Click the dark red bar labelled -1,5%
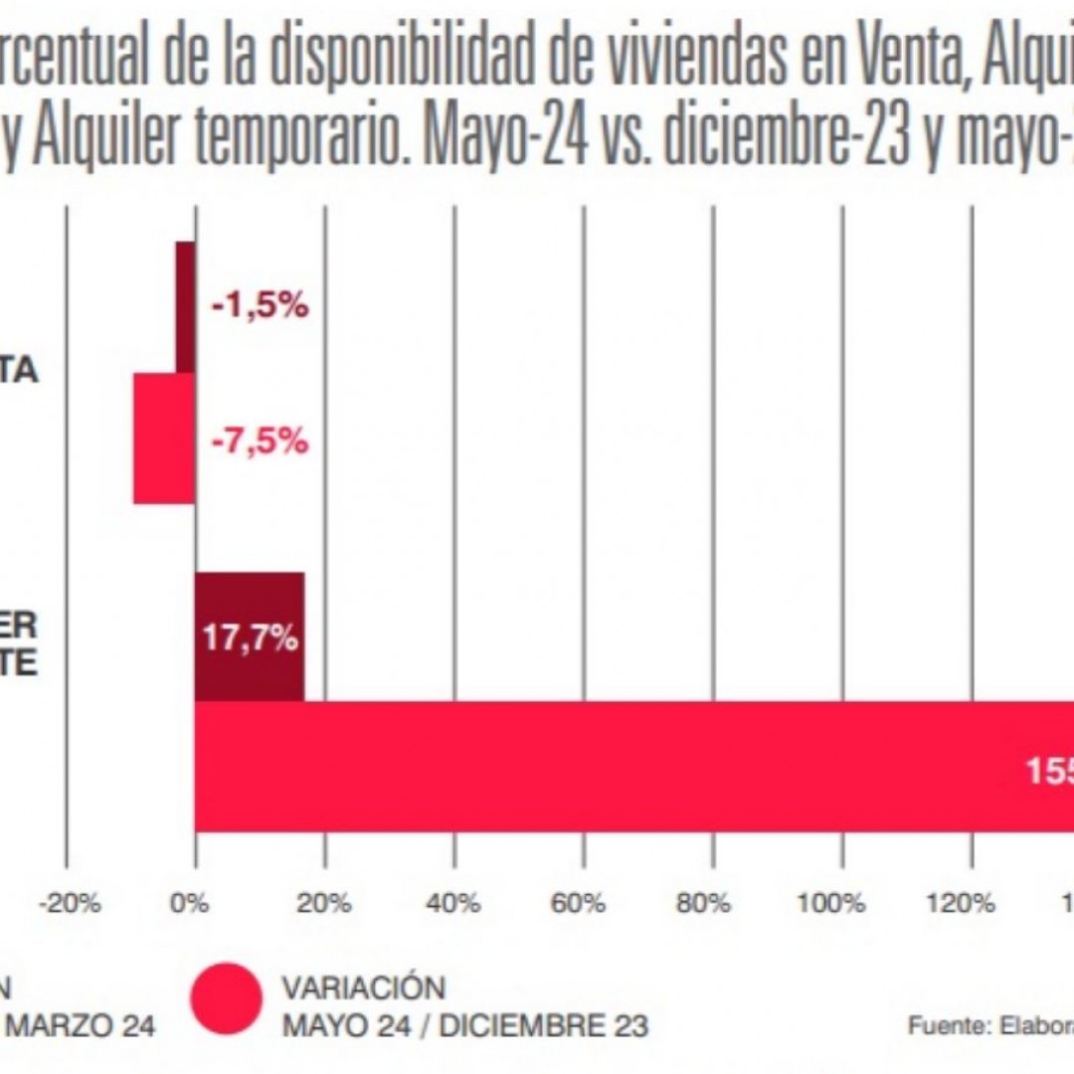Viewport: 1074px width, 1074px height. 186,307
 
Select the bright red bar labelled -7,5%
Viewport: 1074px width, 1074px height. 164,439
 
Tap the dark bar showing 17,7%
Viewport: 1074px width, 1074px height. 250,636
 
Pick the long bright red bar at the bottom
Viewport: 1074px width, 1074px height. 597,766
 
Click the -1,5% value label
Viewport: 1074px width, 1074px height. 260,307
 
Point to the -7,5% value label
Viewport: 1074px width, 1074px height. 260,440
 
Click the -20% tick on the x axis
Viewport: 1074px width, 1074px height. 69,904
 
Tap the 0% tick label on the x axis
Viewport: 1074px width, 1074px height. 189,904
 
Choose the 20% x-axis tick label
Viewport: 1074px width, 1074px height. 325,904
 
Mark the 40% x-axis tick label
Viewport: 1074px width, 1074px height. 454,904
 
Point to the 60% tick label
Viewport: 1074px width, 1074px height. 583,904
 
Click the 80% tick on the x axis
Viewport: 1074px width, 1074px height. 712,904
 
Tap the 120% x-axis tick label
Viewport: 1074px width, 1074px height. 970,904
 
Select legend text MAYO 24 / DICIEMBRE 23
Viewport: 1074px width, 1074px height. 465,1025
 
